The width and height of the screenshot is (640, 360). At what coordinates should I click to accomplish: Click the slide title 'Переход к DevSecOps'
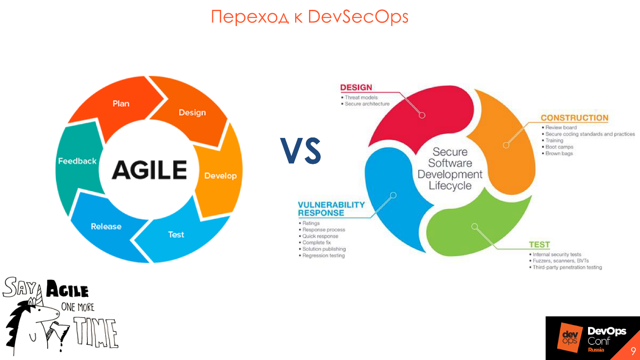click(x=309, y=17)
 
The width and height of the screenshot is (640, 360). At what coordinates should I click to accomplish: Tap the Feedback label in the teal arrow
click(x=77, y=161)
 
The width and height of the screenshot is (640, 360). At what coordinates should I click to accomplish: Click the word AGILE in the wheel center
click(x=149, y=170)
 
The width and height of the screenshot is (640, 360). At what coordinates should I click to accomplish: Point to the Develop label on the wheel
click(x=220, y=176)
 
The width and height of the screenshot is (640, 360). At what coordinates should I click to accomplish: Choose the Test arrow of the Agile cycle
click(x=176, y=234)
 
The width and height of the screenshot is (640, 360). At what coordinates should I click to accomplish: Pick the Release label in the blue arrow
click(x=106, y=226)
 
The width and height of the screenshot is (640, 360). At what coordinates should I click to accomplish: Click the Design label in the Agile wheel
click(x=192, y=112)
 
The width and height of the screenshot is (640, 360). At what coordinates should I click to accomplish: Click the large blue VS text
click(x=301, y=151)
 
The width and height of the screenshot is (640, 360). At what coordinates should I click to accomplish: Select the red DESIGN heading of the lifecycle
click(x=356, y=87)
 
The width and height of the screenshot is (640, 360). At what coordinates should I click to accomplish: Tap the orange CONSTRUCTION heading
click(x=574, y=118)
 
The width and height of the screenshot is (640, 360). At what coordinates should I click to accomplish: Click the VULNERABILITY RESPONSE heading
click(x=331, y=209)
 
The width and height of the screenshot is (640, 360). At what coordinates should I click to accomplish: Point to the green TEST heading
click(x=539, y=244)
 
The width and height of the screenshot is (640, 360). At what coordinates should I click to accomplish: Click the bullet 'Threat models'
click(x=361, y=97)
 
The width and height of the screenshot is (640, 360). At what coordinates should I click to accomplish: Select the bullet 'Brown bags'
click(x=559, y=153)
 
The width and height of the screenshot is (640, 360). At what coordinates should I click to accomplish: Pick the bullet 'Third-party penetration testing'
click(x=567, y=267)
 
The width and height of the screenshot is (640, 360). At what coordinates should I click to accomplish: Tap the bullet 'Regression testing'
click(x=323, y=255)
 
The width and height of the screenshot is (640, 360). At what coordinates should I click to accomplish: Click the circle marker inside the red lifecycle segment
click(x=421, y=115)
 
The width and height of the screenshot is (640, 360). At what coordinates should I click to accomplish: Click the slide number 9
click(x=633, y=351)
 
